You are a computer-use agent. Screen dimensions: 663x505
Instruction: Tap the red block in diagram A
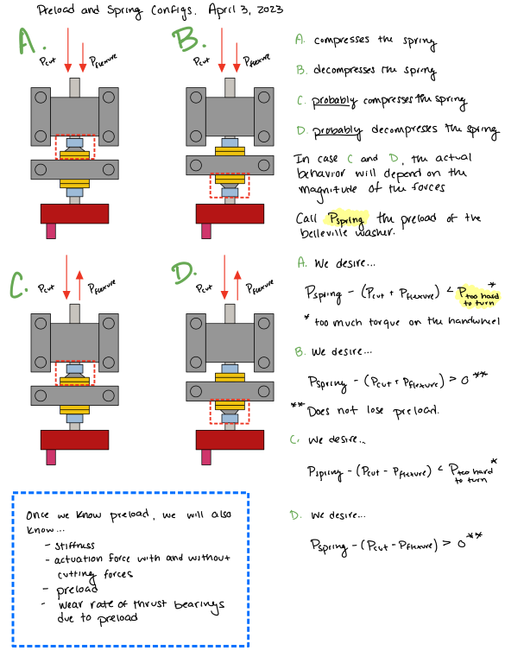(x=74, y=212)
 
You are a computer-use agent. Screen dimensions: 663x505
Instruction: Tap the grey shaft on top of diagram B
(x=230, y=85)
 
